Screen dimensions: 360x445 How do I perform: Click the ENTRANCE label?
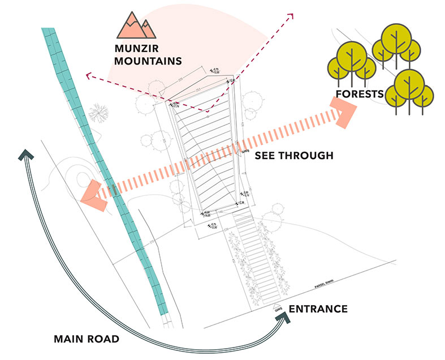[318, 309]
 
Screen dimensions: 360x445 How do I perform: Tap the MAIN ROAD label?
[87, 340]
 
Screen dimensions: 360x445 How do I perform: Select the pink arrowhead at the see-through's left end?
[92, 194]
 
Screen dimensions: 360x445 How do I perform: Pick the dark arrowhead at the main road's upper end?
[26, 154]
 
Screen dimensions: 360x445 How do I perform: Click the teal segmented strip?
[107, 170]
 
